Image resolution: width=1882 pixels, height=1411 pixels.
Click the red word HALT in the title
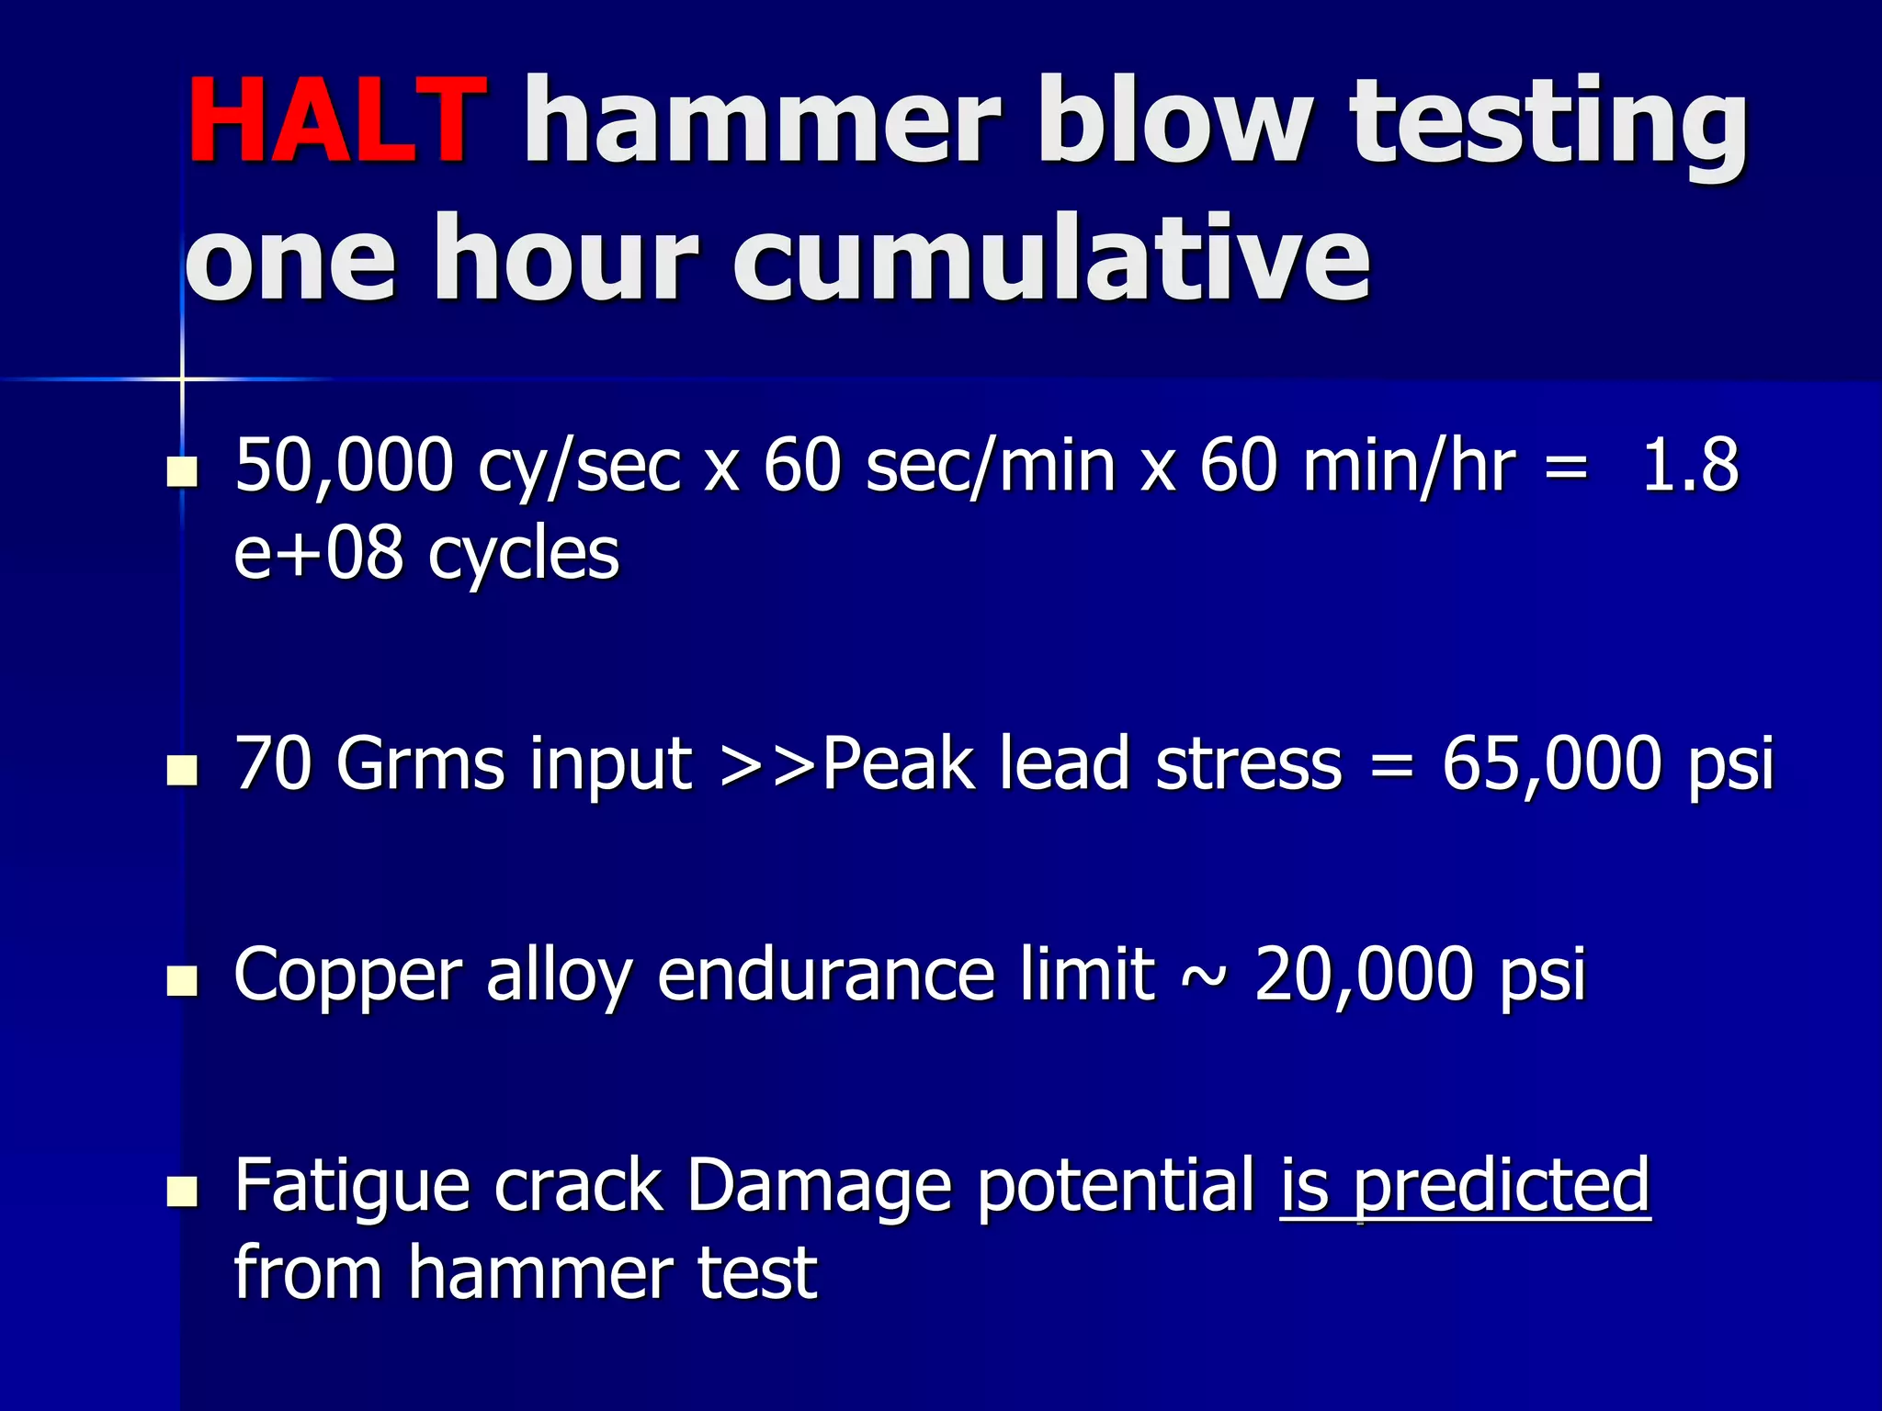(x=336, y=120)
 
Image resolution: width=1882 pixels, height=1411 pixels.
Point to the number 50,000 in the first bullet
(x=344, y=467)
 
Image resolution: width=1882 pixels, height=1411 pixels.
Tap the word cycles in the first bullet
(x=524, y=556)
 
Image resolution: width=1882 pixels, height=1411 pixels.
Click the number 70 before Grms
(x=273, y=763)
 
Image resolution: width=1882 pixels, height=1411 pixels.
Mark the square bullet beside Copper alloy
(x=182, y=981)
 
